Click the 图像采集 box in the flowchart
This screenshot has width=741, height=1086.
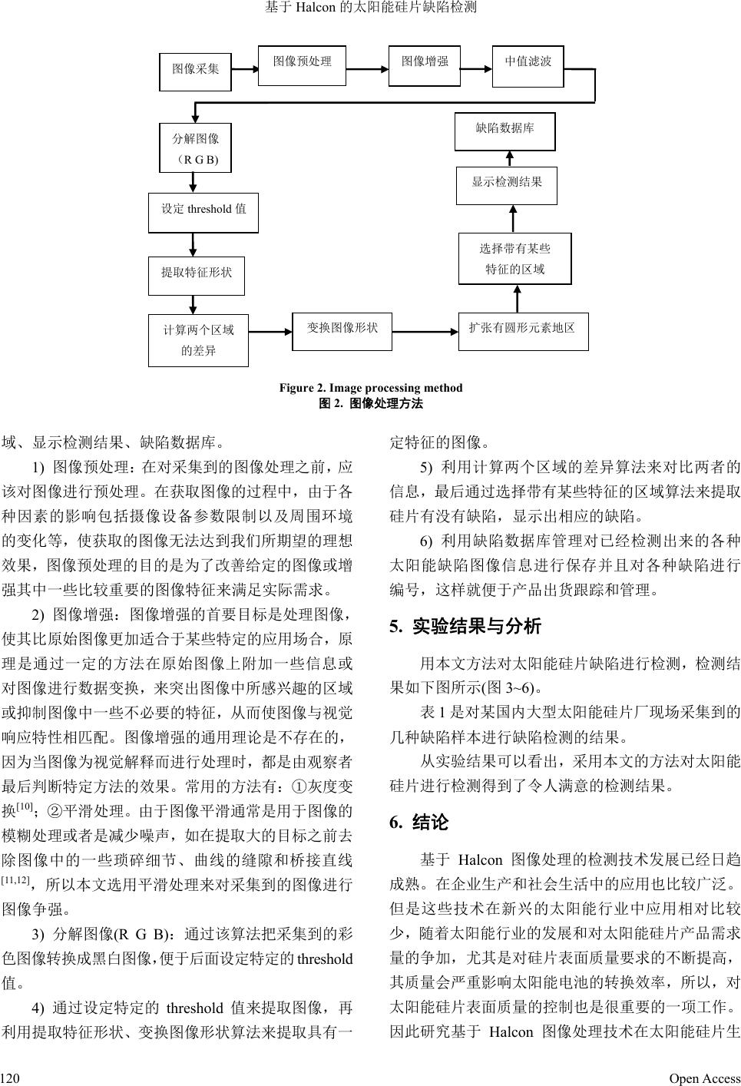click(195, 71)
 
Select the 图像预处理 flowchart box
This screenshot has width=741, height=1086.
click(303, 65)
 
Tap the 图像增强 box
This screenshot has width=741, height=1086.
click(425, 65)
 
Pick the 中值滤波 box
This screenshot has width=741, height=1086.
click(528, 65)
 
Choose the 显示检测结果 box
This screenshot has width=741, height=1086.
click(506, 185)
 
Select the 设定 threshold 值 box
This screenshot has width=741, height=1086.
click(203, 213)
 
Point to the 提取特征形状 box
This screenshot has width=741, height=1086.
click(197, 275)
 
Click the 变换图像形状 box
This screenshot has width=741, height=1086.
click(342, 331)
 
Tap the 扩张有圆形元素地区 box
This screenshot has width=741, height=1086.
click(522, 331)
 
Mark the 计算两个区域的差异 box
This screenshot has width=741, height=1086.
click(198, 340)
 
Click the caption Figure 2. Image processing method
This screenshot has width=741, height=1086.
click(371, 388)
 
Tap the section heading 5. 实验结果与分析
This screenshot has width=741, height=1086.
click(465, 627)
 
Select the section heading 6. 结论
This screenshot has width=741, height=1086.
click(419, 823)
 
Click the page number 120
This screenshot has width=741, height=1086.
click(9, 1078)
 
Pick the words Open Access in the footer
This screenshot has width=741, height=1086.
click(704, 1078)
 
